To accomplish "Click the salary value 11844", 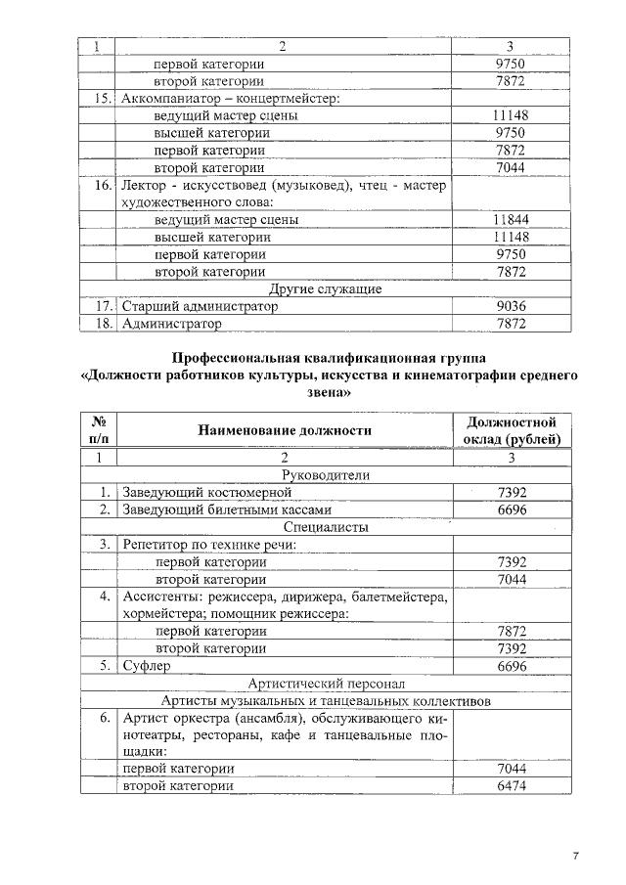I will point(511,220).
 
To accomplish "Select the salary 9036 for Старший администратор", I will point(511,306).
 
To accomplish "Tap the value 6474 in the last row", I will point(511,786).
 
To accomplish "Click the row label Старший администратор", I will point(199,306).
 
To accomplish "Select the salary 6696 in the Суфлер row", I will point(511,666).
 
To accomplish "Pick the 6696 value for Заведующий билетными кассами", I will point(511,510).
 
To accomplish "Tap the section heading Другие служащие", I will point(325,289).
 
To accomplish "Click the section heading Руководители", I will point(325,475).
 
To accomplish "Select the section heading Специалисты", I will point(325,528).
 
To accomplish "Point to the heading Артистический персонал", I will point(325,684).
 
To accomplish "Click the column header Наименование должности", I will point(285,430).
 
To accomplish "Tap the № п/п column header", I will point(98,430).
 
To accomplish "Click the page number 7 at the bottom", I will point(576,857).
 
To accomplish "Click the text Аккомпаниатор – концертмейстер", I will point(228,99).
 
